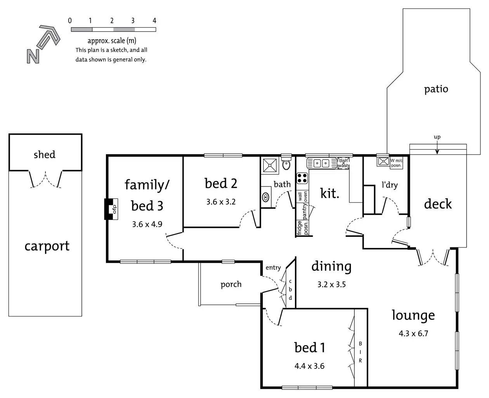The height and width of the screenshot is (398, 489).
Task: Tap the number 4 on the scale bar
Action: click(x=154, y=21)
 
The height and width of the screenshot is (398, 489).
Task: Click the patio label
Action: click(x=436, y=89)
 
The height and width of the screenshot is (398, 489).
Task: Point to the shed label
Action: click(x=44, y=155)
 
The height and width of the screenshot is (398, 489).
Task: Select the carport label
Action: click(x=47, y=246)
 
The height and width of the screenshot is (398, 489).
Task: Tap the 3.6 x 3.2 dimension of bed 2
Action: click(x=221, y=202)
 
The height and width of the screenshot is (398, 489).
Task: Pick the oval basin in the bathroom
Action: click(x=266, y=197)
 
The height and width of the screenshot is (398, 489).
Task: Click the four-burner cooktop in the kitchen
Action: click(x=302, y=178)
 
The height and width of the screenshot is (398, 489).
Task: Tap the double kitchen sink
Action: click(x=321, y=163)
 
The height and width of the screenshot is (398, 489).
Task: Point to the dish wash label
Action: click(x=343, y=163)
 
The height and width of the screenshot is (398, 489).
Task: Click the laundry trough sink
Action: click(x=383, y=161)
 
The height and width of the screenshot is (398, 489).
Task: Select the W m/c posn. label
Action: click(x=396, y=163)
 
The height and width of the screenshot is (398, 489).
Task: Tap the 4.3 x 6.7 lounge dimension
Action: click(x=413, y=334)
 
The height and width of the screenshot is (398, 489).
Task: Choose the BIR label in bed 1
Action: click(x=360, y=352)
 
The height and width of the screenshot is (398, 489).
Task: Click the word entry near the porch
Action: click(x=273, y=268)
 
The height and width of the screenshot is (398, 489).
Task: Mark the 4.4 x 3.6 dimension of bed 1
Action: click(x=309, y=366)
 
